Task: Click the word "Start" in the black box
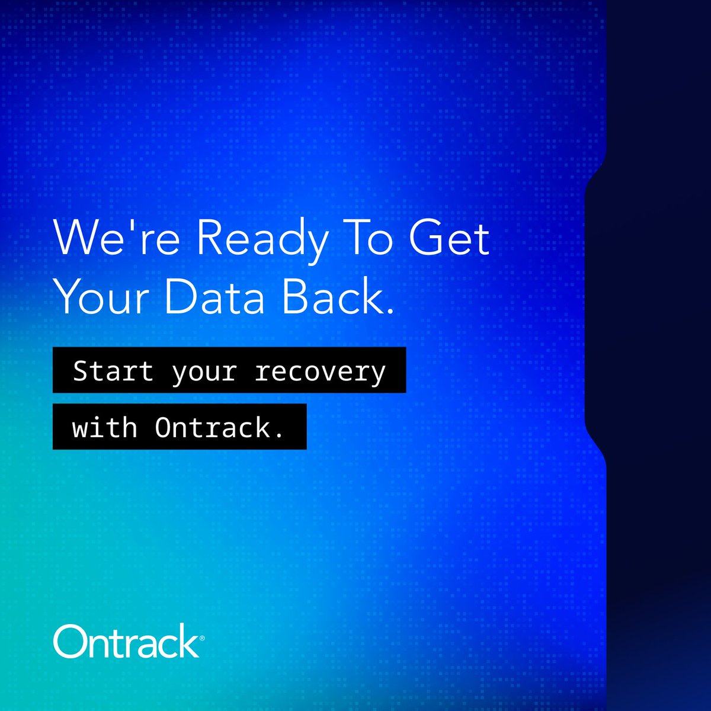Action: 113,371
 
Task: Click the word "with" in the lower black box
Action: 105,427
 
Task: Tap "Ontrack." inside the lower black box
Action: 219,427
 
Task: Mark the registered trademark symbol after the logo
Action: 202,639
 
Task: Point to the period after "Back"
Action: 389,311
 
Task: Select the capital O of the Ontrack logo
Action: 70,641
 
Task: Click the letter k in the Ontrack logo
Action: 188,640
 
